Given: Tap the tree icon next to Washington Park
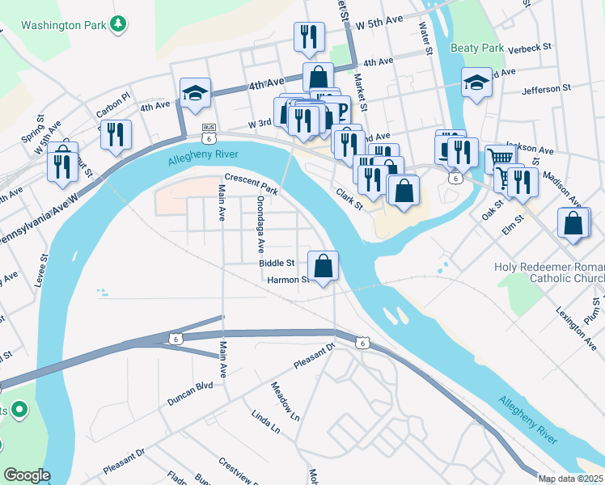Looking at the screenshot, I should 119,24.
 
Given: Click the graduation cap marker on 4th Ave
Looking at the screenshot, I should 196,93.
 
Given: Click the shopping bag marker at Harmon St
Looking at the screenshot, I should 323,265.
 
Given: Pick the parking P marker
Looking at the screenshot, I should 340,112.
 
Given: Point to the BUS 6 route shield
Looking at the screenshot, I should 209,133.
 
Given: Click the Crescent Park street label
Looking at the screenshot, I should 252,185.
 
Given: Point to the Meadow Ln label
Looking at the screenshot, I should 286,402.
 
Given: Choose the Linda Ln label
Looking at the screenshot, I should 266,421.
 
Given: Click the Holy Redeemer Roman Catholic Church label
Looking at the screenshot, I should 548,273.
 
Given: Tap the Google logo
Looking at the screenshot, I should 27,475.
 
